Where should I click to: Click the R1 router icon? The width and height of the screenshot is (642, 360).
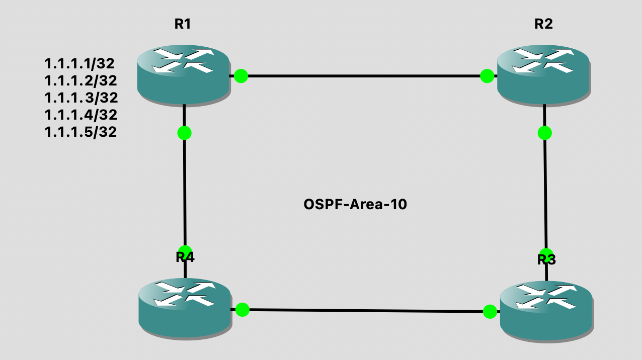183,74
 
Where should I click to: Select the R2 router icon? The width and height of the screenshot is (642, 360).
543,74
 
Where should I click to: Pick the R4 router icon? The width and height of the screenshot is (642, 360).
185,308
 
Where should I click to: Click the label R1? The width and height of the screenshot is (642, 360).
182,24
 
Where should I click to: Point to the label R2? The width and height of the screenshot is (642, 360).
543,24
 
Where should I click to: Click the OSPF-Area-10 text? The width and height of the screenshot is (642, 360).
355,205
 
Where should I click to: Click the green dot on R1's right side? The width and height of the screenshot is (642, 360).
241,76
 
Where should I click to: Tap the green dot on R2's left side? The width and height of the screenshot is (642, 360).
487,76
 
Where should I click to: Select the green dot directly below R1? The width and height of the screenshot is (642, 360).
185,133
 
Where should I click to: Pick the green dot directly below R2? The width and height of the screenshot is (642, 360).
545,133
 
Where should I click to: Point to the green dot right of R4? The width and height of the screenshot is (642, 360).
243,310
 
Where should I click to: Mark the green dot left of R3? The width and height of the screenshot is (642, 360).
490,312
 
